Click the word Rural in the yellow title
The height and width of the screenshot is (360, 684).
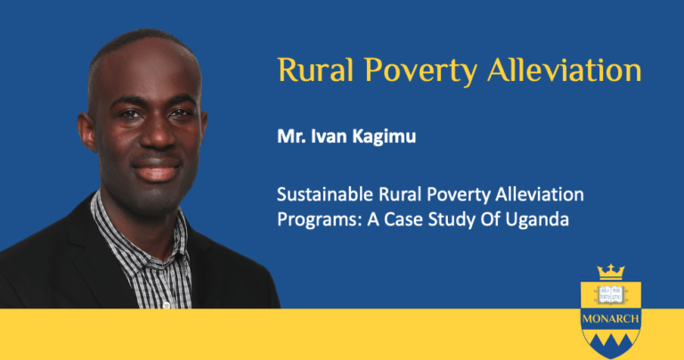(315, 70)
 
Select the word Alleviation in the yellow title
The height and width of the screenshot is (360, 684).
(565, 70)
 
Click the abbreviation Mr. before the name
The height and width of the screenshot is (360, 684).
(291, 136)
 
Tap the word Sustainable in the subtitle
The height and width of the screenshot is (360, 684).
(325, 194)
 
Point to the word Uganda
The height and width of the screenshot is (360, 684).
(537, 220)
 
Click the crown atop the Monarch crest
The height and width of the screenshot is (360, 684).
(611, 272)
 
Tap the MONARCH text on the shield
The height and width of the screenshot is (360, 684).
(611, 319)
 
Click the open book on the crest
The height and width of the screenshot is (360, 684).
(611, 295)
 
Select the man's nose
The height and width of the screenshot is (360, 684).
(158, 133)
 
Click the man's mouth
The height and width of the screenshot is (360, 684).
(157, 169)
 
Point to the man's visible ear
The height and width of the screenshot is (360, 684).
(86, 132)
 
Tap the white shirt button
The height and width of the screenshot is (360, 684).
(166, 306)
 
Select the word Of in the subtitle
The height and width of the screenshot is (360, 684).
(491, 219)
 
